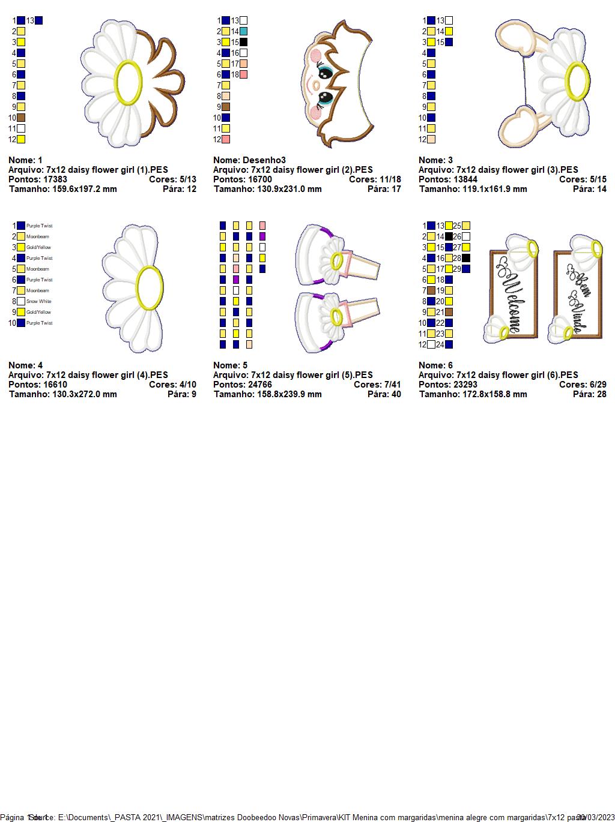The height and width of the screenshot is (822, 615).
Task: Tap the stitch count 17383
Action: coord(55,179)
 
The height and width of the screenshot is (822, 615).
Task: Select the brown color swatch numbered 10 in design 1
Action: coord(21,118)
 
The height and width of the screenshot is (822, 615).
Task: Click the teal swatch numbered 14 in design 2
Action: coord(243,31)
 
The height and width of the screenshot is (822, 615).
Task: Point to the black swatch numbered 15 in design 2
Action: coord(243,42)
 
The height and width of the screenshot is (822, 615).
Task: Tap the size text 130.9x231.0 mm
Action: coord(286,189)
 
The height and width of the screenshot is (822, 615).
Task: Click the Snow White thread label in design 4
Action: coord(39,301)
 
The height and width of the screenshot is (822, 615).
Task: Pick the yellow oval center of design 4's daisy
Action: coord(149,289)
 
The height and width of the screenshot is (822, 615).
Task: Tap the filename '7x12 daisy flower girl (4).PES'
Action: coord(107,375)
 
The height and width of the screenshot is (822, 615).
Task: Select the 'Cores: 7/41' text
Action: coord(377,385)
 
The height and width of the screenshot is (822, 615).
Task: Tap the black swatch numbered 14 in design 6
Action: coord(449,236)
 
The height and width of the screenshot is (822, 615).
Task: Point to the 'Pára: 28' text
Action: coord(589,394)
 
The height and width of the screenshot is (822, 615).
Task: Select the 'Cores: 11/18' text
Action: coord(375,179)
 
